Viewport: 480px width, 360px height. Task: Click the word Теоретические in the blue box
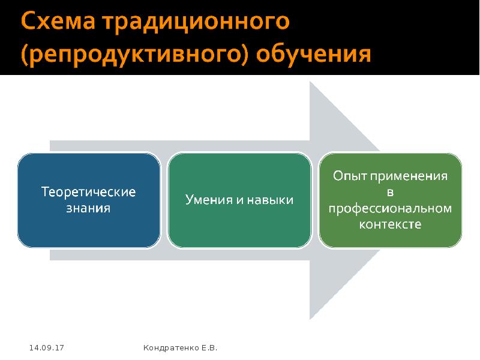pos(88,193)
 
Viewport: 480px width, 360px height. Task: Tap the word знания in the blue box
pos(88,208)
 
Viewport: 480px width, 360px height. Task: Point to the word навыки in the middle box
pos(271,200)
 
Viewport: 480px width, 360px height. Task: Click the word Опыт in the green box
pos(349,177)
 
